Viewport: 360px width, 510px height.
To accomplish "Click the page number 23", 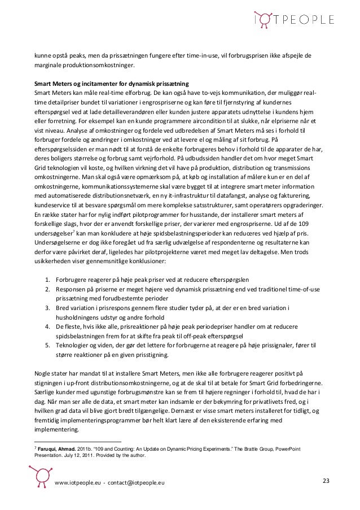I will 326,481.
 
